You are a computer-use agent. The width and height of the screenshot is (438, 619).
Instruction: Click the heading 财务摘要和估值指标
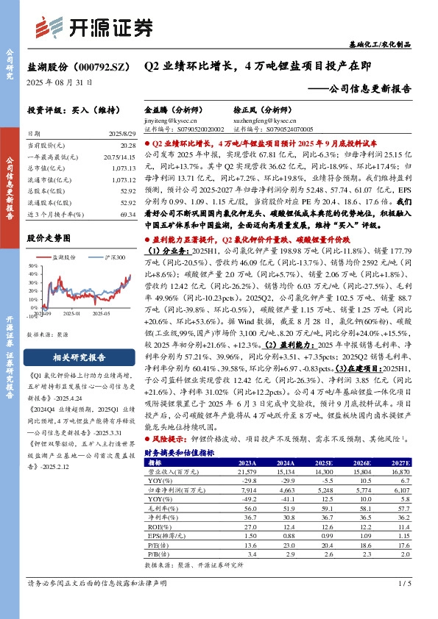[180, 454]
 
